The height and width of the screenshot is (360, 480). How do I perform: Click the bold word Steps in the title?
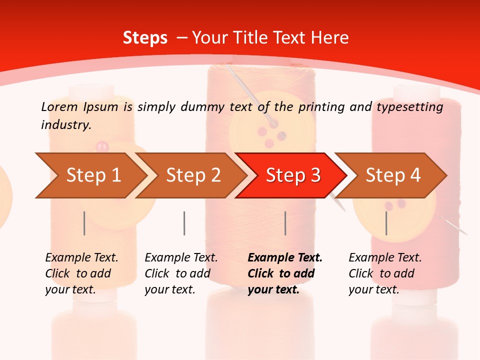tap(145, 37)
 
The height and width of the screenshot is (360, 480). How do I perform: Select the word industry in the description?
tap(66, 124)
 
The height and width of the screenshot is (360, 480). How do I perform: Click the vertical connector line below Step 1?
tap(84, 223)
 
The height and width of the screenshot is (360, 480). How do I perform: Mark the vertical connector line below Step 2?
tap(184, 223)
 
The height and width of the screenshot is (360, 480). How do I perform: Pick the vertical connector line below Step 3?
tap(285, 223)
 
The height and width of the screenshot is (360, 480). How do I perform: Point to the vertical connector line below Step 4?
tap(386, 223)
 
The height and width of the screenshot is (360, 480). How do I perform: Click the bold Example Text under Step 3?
tap(285, 273)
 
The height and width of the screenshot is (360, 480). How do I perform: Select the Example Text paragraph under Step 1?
tap(81, 273)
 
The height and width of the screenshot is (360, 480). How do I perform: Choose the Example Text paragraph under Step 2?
tap(181, 273)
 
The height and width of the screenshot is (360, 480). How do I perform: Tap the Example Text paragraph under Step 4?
tap(385, 273)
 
